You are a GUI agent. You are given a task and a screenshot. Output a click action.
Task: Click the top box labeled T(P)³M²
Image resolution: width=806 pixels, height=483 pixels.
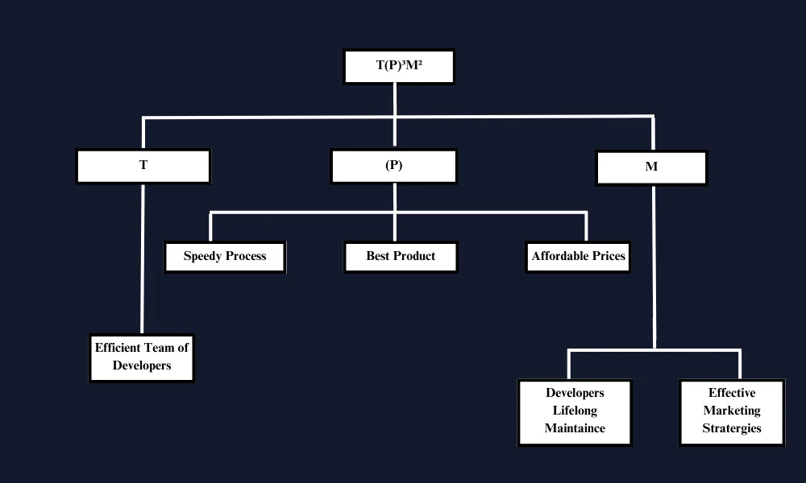pyautogui.click(x=399, y=67)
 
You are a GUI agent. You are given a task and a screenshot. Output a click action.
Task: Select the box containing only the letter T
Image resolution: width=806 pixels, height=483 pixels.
pyautogui.click(x=143, y=166)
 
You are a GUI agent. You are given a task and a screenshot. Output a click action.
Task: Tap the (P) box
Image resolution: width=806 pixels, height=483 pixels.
pyautogui.click(x=393, y=166)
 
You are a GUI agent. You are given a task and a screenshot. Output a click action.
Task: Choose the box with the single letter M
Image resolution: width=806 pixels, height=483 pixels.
pyautogui.click(x=651, y=167)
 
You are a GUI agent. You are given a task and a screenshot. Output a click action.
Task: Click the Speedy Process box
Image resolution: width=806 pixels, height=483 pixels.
pyautogui.click(x=225, y=257)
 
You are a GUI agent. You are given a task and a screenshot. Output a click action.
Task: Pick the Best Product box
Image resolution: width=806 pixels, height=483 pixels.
pyautogui.click(x=401, y=257)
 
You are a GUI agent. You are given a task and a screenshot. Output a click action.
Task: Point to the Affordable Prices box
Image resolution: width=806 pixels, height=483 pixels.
pyautogui.click(x=578, y=257)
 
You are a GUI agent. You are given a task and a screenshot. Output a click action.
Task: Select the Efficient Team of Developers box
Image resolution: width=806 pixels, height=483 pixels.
pyautogui.click(x=142, y=357)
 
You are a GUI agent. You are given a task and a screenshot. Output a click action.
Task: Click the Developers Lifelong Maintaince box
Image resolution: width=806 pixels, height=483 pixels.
pyautogui.click(x=575, y=411)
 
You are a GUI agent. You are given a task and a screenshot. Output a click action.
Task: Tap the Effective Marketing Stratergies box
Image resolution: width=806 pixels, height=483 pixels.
pyautogui.click(x=732, y=411)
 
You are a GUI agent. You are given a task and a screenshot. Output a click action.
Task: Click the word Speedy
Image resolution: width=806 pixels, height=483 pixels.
pyautogui.click(x=202, y=257)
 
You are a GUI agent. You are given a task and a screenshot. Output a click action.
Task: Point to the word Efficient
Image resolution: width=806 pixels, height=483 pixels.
pyautogui.click(x=118, y=348)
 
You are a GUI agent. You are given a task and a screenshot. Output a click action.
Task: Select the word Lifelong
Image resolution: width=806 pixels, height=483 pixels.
pyautogui.click(x=575, y=411)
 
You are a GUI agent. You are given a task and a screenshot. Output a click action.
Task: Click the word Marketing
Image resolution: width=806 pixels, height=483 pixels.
pyautogui.click(x=732, y=411)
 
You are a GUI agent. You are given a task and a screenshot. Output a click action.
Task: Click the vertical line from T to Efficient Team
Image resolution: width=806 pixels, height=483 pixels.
pyautogui.click(x=143, y=258)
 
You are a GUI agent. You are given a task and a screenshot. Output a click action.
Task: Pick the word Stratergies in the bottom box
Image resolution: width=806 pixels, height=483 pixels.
pyautogui.click(x=732, y=428)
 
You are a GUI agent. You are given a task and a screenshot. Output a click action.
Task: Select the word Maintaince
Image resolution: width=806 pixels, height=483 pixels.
pyautogui.click(x=575, y=428)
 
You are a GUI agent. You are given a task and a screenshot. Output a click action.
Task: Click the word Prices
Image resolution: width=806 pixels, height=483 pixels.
pyautogui.click(x=609, y=257)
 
